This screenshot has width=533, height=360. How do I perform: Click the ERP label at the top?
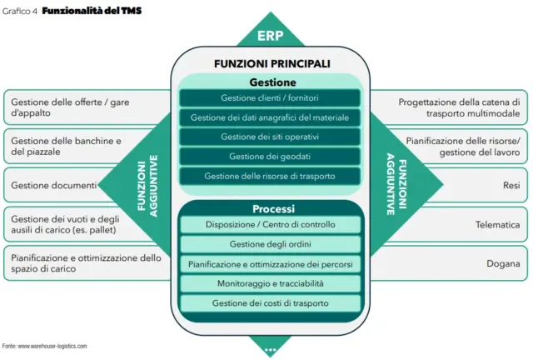[270, 36]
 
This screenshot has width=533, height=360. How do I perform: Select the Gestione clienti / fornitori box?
[270, 98]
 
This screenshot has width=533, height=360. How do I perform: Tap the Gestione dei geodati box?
[270, 156]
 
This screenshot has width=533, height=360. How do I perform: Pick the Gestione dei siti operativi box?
[270, 137]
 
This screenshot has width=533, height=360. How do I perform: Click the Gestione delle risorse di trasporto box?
[270, 176]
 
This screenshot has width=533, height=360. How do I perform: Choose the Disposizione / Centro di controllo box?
[270, 225]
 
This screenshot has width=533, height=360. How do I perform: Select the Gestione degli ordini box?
[270, 244]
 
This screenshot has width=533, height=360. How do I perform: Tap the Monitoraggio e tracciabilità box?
[270, 283]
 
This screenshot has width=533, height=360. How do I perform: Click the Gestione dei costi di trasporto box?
[270, 303]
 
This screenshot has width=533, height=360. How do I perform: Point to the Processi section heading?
[270, 208]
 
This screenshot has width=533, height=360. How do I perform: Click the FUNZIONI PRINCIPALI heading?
[270, 63]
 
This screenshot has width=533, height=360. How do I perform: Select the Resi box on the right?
[466, 184]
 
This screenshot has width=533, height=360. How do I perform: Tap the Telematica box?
[466, 225]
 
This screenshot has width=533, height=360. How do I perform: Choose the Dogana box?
[466, 264]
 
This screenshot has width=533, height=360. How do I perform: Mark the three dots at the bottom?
[270, 351]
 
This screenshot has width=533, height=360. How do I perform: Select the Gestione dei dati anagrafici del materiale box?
[270, 117]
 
